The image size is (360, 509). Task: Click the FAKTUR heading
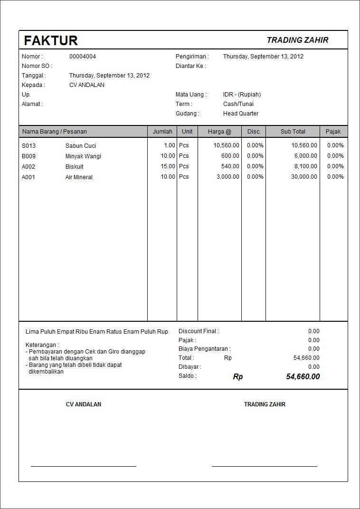pyautogui.click(x=51, y=40)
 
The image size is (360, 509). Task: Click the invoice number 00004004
pyautogui.click(x=83, y=57)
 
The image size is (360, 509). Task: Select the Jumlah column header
pyautogui.click(x=162, y=132)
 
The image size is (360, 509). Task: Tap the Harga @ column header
pyautogui.click(x=219, y=132)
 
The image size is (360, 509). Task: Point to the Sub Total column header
pyautogui.click(x=293, y=132)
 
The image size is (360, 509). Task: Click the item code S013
pyautogui.click(x=29, y=146)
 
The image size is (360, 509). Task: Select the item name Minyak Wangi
pyautogui.click(x=83, y=156)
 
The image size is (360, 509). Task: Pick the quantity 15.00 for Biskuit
pyautogui.click(x=166, y=166)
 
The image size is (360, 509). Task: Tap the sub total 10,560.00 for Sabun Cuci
pyautogui.click(x=304, y=145)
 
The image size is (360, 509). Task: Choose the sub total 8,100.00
pyautogui.click(x=305, y=166)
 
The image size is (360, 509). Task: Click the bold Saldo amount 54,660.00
pyautogui.click(x=303, y=377)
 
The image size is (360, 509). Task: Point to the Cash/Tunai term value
pyautogui.click(x=238, y=104)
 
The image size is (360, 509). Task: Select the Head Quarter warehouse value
pyautogui.click(x=241, y=114)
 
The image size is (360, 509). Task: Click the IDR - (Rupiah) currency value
pyautogui.click(x=242, y=95)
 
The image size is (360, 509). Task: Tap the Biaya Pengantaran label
pyautogui.click(x=204, y=349)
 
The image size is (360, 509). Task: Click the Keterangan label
pyautogui.click(x=42, y=345)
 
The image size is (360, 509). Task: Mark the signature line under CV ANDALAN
pyautogui.click(x=84, y=466)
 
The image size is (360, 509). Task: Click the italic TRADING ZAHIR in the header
pyautogui.click(x=297, y=40)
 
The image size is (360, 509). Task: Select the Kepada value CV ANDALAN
pyautogui.click(x=87, y=85)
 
